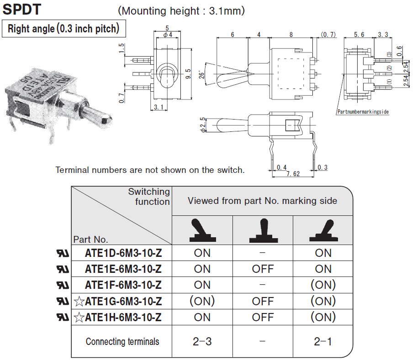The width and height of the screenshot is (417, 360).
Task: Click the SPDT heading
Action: coord(22,10)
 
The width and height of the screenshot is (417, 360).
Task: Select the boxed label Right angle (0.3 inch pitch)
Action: coord(63,29)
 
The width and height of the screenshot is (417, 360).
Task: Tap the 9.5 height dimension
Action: coord(188,73)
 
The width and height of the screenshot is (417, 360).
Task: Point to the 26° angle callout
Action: coord(200,73)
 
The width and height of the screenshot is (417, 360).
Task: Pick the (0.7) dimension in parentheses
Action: coord(328,35)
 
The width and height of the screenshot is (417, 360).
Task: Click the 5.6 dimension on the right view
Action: coord(359,35)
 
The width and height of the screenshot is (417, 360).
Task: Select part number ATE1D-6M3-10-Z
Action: coord(123,253)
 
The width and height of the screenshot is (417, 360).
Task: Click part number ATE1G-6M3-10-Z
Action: coord(123,301)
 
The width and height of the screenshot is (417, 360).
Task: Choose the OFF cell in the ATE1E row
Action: coord(263,269)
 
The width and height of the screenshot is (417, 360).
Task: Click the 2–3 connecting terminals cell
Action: coord(202,341)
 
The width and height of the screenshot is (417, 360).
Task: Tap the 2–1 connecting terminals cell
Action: coord(323,341)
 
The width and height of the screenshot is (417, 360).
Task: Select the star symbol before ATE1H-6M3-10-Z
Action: coord(79,318)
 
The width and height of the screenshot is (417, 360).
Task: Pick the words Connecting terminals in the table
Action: coord(122,341)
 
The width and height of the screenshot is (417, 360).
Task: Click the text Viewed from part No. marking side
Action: coord(262,201)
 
